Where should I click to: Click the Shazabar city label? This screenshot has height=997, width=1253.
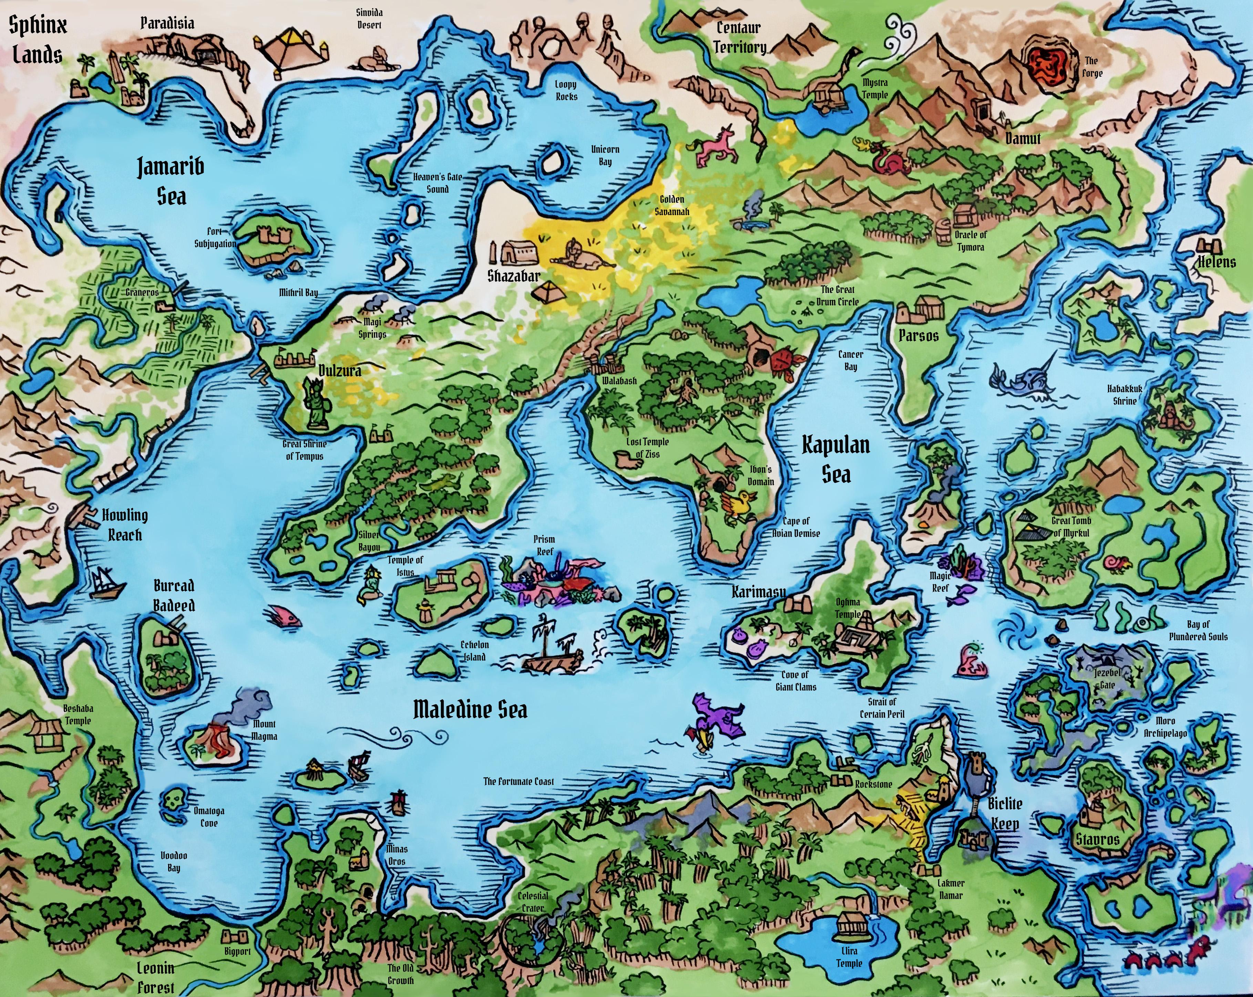[x=514, y=275]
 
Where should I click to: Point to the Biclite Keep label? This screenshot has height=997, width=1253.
[x=1005, y=813]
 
